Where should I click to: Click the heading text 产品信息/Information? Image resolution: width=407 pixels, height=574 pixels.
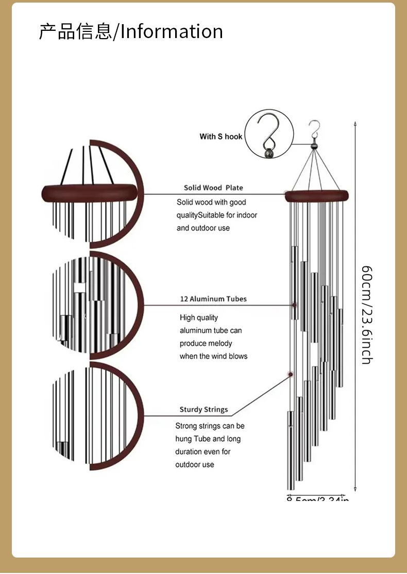tap(131, 32)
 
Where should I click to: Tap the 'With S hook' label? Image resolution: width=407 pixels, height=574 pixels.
tap(221, 136)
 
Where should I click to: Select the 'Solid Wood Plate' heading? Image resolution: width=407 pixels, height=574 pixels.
tap(213, 188)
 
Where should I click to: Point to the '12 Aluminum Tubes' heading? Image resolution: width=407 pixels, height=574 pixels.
tap(213, 299)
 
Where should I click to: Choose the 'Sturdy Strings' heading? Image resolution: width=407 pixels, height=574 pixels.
tap(203, 410)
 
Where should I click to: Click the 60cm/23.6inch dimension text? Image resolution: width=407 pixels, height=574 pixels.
tap(366, 315)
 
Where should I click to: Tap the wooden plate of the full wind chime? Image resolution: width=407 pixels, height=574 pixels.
tap(317, 195)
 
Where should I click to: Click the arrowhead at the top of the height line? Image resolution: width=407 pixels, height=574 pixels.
tap(355, 123)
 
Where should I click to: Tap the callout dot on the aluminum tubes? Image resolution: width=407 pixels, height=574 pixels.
tap(295, 306)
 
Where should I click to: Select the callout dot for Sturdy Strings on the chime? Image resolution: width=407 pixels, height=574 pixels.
tap(291, 374)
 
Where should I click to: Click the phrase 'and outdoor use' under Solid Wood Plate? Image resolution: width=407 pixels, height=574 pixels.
tap(203, 228)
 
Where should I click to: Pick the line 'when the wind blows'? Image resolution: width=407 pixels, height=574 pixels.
tap(213, 356)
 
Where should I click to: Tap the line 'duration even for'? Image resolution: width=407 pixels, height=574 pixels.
tap(203, 452)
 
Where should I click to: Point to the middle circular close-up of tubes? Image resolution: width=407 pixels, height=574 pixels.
tap(95, 305)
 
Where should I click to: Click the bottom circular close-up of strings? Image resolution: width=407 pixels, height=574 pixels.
tap(95, 414)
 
